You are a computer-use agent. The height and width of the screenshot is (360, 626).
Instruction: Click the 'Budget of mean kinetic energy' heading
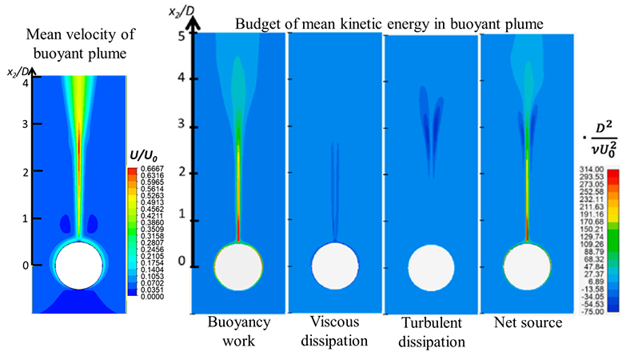tap(390, 24)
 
